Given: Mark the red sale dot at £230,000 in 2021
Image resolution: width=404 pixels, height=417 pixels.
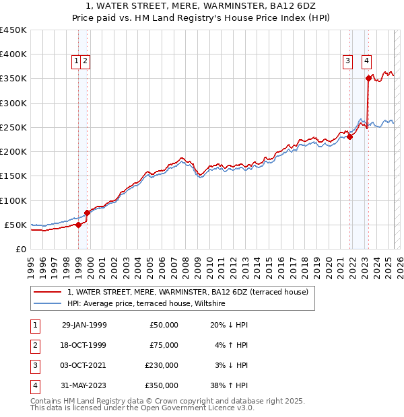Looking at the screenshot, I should [349, 137].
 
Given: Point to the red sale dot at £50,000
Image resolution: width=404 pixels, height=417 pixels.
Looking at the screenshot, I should [79, 225].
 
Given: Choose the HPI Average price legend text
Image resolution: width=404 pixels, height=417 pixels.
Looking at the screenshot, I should [146, 304].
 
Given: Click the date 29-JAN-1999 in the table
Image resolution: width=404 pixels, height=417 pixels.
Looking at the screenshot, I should [84, 325].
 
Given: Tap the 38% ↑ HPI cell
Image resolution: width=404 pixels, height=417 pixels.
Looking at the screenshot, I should [229, 385].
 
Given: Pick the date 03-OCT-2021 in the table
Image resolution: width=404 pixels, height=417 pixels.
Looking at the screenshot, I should [84, 365].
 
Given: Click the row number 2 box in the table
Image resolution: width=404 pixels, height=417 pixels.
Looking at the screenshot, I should [34, 345].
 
